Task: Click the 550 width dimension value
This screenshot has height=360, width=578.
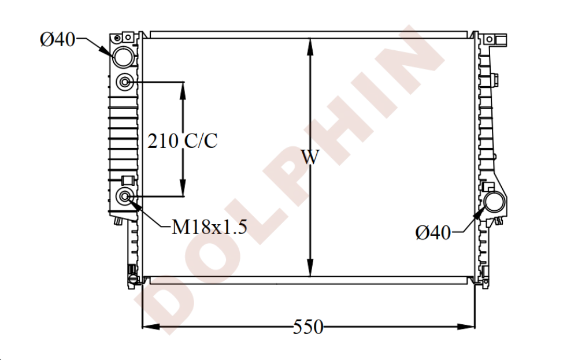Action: click(307, 327)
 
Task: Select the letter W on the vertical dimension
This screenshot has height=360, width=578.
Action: click(310, 157)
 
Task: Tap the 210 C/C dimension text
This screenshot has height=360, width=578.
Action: click(183, 140)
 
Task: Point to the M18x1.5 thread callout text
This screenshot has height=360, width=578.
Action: click(209, 227)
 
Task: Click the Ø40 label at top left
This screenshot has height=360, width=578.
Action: click(57, 39)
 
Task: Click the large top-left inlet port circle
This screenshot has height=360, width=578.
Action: click(123, 57)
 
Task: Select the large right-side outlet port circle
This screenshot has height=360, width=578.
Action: click(495, 202)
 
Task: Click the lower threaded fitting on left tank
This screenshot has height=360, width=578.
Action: click(125, 196)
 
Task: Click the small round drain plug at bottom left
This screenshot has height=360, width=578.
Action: click(133, 280)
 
